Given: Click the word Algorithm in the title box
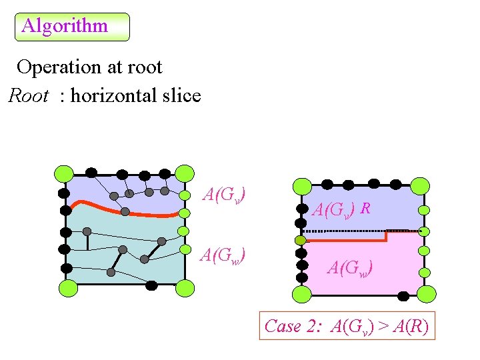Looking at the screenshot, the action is [x=65, y=26].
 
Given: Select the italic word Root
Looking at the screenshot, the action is [x=28, y=96].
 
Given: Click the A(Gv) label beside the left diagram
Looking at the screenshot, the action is [x=225, y=195].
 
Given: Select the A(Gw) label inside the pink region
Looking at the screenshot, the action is [x=349, y=268].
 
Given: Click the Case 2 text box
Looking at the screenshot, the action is [x=347, y=326].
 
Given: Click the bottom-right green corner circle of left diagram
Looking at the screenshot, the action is [x=185, y=289].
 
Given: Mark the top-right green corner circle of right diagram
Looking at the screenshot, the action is [x=419, y=185].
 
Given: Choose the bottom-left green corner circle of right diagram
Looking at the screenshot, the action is [x=302, y=294].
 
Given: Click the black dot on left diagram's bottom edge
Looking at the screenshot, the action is [x=151, y=285].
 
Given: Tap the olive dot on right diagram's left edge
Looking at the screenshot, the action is [x=301, y=240].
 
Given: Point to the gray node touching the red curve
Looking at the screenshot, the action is [x=125, y=211].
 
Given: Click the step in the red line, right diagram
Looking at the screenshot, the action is [x=387, y=235].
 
